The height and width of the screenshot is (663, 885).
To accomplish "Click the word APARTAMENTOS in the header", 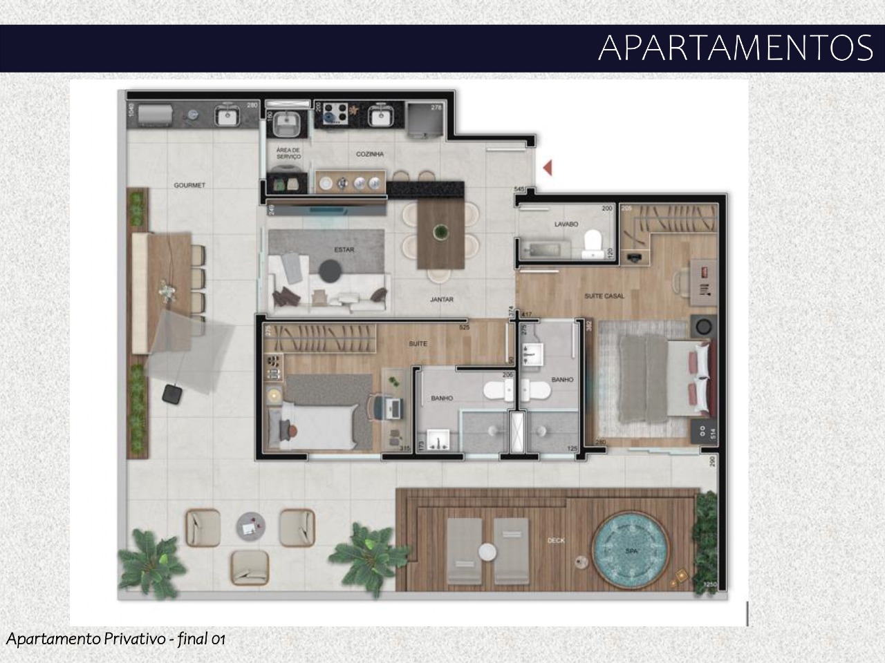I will click(736, 48).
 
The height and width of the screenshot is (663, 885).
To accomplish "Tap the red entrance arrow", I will click(547, 167).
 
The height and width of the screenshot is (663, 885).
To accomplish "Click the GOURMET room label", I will click(189, 185).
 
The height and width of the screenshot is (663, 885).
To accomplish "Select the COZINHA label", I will click(370, 154).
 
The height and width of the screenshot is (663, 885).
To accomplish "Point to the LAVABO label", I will click(566, 224).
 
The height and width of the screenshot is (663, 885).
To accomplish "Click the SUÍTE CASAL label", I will click(604, 296).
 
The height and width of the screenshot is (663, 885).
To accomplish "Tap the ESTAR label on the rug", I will click(344, 249).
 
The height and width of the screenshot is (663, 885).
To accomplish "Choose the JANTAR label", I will click(442, 299).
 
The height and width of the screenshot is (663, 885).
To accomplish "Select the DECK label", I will click(556, 540).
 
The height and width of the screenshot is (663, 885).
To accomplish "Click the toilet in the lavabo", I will click(593, 242).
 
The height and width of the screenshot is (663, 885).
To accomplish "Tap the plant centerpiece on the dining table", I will click(440, 231).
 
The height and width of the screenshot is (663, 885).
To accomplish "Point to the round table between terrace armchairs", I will click(250, 526).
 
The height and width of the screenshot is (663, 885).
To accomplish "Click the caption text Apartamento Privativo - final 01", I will click(116, 639).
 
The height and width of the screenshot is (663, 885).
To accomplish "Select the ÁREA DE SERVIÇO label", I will click(288, 153).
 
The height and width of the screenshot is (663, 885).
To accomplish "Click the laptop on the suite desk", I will click(393, 407).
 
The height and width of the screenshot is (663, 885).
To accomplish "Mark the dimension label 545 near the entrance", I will click(521, 189).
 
